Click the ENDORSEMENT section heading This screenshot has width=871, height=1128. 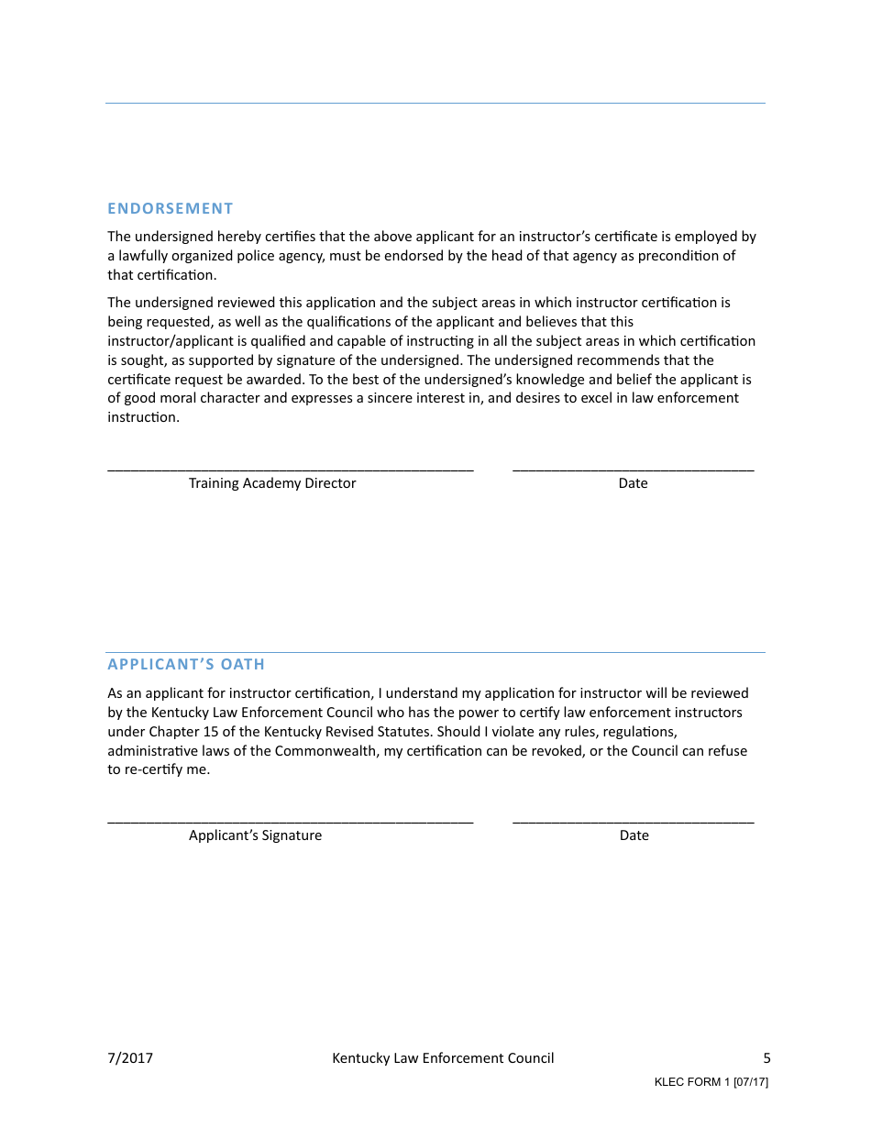(x=171, y=208)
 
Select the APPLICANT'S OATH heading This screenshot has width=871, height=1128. (x=186, y=664)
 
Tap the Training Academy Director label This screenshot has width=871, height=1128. (x=272, y=483)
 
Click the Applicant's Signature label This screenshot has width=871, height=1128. (x=255, y=835)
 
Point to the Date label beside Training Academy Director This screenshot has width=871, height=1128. (x=633, y=483)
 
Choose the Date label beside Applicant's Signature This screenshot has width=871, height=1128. (x=634, y=835)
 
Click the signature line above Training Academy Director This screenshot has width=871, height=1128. (x=290, y=469)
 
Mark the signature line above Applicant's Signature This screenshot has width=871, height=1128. (x=290, y=821)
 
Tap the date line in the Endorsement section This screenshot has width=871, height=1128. (x=633, y=469)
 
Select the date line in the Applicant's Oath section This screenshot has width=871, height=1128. (x=633, y=821)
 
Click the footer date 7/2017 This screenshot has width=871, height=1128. (x=130, y=1058)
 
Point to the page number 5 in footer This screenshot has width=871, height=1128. (x=766, y=1058)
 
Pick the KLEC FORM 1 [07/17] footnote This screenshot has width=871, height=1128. (x=711, y=1082)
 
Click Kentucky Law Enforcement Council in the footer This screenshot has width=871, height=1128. (x=443, y=1058)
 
